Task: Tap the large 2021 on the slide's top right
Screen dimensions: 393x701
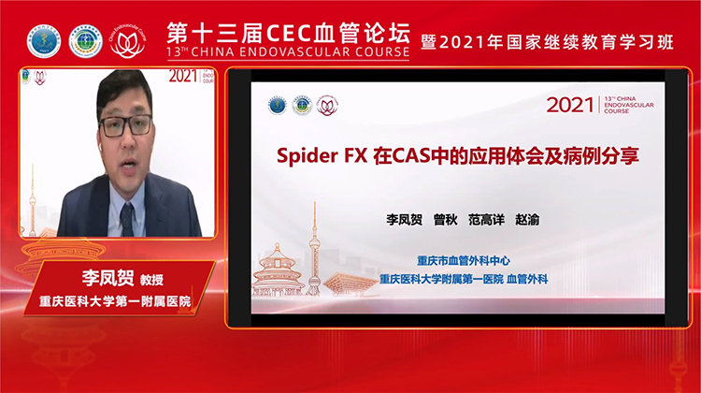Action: (x=570, y=104)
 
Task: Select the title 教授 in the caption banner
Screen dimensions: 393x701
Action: (x=127, y=279)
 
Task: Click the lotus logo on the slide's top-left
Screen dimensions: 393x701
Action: (x=327, y=105)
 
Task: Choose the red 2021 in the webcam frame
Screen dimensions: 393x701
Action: (x=183, y=76)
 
